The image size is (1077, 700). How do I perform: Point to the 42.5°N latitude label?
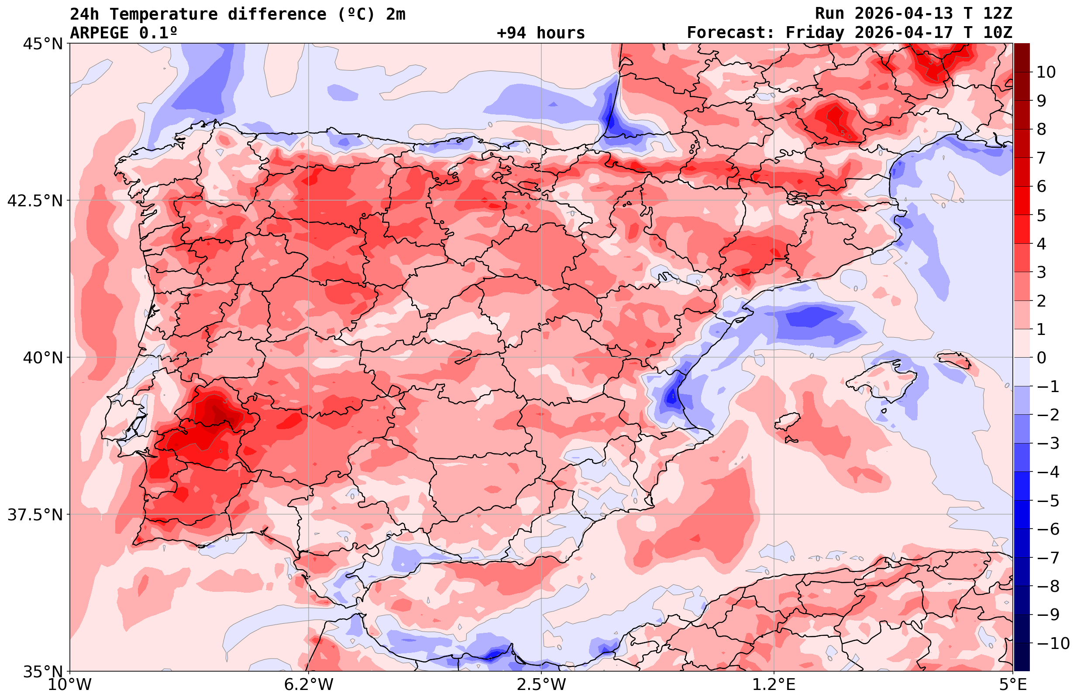(x=34, y=200)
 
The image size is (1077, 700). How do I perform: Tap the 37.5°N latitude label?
(x=34, y=515)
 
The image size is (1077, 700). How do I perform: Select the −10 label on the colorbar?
(x=1053, y=643)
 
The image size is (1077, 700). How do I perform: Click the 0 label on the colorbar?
(x=1041, y=358)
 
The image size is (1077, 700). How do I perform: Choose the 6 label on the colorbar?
(x=1041, y=186)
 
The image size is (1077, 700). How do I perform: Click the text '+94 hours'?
(x=541, y=33)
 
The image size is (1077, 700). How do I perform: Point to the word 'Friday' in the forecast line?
(x=815, y=33)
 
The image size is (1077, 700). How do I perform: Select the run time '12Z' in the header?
(x=998, y=14)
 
